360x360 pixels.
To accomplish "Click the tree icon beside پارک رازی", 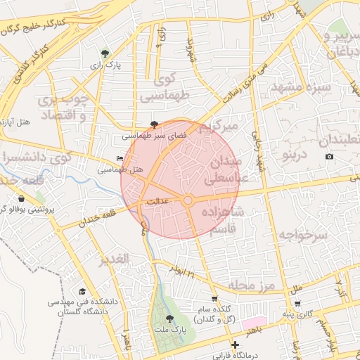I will [105, 53].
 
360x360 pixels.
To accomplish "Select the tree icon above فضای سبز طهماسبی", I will [154, 124].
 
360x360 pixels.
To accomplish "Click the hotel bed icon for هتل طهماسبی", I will [119, 159].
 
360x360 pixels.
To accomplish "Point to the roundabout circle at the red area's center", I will [188, 201].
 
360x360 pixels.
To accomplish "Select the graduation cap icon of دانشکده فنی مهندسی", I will [82, 291].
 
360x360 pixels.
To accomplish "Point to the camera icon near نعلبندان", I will [329, 155].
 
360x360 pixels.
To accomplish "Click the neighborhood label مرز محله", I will [250, 285].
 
